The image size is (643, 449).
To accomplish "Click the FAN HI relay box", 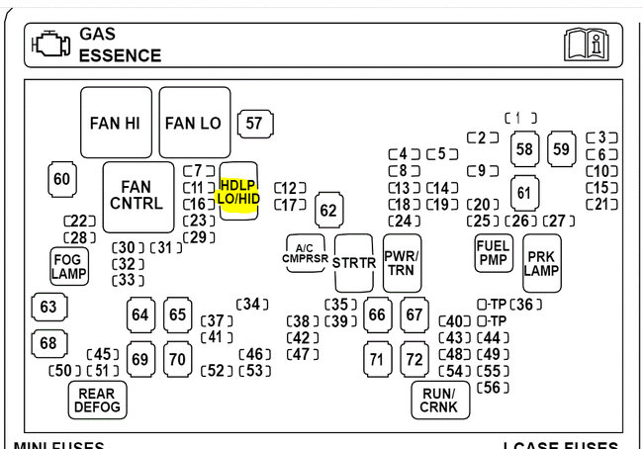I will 116,123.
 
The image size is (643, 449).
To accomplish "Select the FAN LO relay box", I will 194,123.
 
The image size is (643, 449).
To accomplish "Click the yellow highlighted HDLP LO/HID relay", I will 238,192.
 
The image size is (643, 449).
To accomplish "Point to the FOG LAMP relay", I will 68,265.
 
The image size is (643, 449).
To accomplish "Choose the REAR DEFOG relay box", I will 97,399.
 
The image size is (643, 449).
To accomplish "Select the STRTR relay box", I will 353,263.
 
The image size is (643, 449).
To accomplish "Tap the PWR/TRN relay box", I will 402,262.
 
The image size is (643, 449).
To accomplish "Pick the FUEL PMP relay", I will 493,254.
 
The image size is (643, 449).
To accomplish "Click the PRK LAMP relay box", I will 542,262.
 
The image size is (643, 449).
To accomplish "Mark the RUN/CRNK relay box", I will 439,400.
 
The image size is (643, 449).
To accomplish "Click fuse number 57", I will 255,124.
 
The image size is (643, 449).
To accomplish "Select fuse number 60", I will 62,179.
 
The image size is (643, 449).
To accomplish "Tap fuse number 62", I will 328,210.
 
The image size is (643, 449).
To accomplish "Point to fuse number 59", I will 562,148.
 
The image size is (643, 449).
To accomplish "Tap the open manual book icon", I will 586,45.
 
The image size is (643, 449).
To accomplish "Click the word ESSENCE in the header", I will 120,56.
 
